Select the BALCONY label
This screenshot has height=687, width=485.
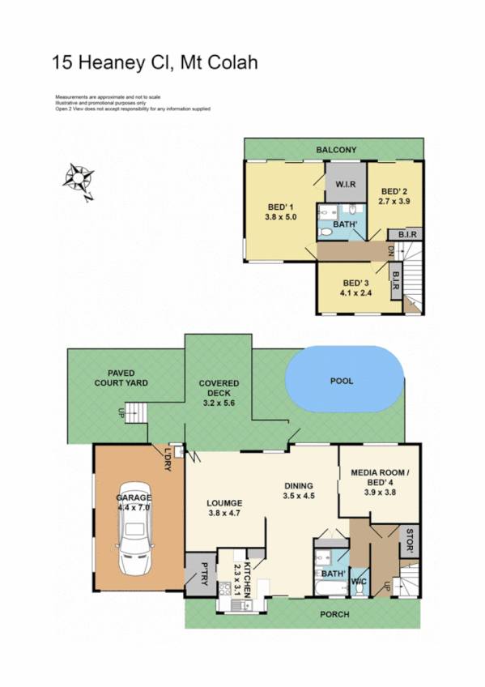336,150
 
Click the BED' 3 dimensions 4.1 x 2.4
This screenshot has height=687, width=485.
355,293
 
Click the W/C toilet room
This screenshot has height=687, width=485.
359,581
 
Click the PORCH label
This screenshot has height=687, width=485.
334,615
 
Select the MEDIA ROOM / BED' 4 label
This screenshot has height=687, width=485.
378,477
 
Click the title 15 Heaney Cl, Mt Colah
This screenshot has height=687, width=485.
155,62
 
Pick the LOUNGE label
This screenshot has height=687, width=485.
224,503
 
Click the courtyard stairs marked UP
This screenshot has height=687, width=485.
139,412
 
